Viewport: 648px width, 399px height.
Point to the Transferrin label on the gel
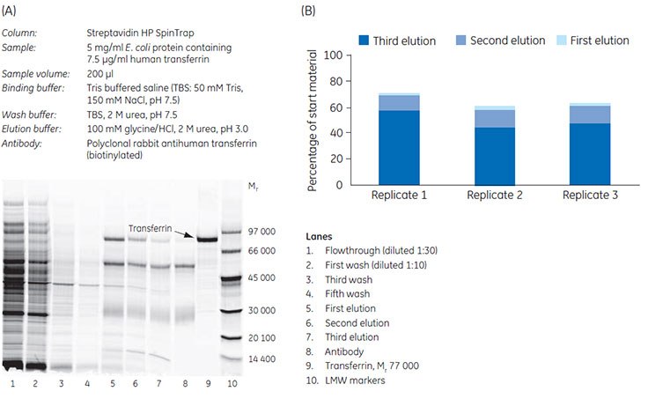(x=150, y=227)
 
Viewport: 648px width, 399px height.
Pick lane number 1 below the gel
(x=13, y=384)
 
